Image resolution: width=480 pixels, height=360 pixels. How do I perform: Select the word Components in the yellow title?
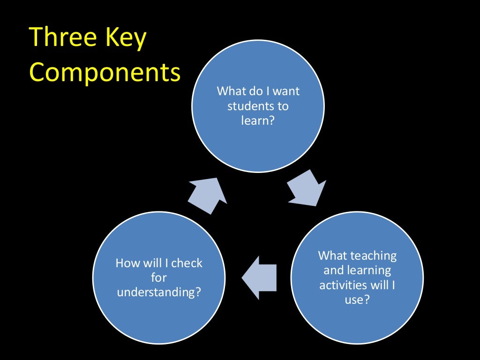coord(105,73)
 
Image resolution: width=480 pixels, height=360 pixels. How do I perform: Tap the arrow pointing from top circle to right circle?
coord(306,187)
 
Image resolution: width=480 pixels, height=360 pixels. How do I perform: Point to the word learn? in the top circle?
coord(258,121)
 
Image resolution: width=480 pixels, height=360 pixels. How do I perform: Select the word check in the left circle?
coord(187,263)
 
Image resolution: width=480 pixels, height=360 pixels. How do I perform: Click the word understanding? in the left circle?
coord(159,292)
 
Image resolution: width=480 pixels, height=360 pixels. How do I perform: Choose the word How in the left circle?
coord(128,263)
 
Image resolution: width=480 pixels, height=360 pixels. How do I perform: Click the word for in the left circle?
coord(159,278)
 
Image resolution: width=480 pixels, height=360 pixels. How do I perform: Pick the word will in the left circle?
coord(154,263)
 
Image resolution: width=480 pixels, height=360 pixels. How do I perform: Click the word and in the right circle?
coord(334,271)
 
